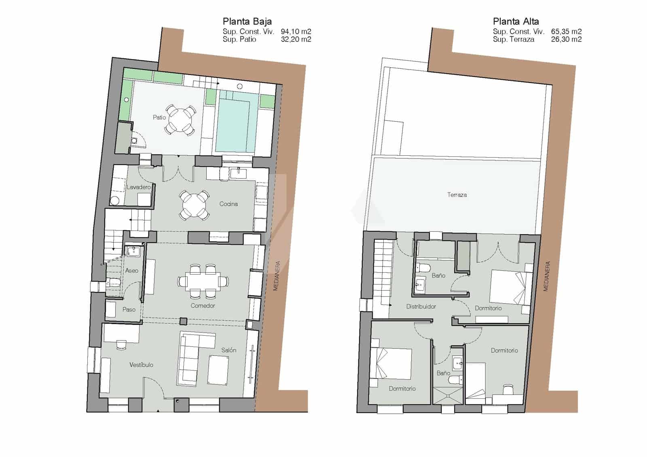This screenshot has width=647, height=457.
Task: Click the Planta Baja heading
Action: [x=247, y=21]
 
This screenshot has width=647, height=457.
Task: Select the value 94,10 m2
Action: [x=296, y=32]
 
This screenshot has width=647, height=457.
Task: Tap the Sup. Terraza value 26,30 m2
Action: [x=566, y=39]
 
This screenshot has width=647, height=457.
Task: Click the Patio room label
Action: [x=159, y=117]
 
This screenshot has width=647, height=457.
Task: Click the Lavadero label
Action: [x=138, y=187]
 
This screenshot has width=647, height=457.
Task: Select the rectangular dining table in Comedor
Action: [x=203, y=281]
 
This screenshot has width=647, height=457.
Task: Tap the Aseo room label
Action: [x=131, y=271]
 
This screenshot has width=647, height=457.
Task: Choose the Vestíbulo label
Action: [x=141, y=365]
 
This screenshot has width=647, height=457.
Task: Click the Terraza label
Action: [x=457, y=195]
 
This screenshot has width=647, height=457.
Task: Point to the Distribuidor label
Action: [x=421, y=307]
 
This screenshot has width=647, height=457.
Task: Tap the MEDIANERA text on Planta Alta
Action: [x=547, y=276]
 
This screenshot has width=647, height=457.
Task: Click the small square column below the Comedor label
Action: [x=183, y=322]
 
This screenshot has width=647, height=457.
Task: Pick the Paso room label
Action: [x=129, y=309]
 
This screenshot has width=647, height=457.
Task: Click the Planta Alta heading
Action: [x=516, y=21]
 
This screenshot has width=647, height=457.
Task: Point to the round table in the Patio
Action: [x=180, y=119]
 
